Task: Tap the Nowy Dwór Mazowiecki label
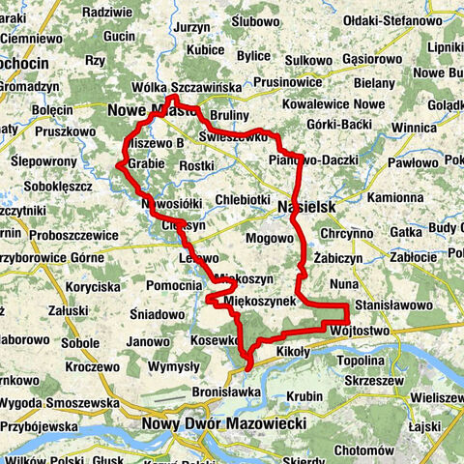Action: point(223,423)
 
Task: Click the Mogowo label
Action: point(269,237)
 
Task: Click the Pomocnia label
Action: point(175,286)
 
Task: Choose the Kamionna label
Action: point(395,197)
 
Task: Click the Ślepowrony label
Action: point(43,160)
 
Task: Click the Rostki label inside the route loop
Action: point(197,166)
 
